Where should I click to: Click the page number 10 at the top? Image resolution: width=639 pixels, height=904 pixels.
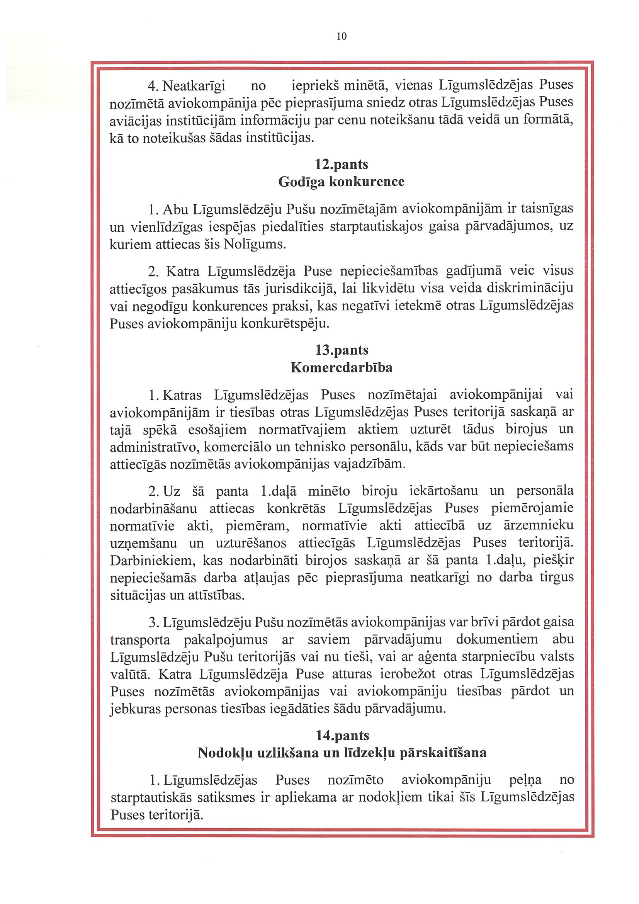(342, 37)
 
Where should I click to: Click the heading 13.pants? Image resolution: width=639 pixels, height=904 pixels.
(342, 350)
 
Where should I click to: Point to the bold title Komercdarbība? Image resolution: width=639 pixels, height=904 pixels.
(342, 367)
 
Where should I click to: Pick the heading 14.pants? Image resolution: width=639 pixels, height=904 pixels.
(342, 735)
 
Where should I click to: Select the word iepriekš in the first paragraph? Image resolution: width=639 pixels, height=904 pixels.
(315, 85)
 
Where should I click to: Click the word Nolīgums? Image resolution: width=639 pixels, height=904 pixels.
(254, 245)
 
